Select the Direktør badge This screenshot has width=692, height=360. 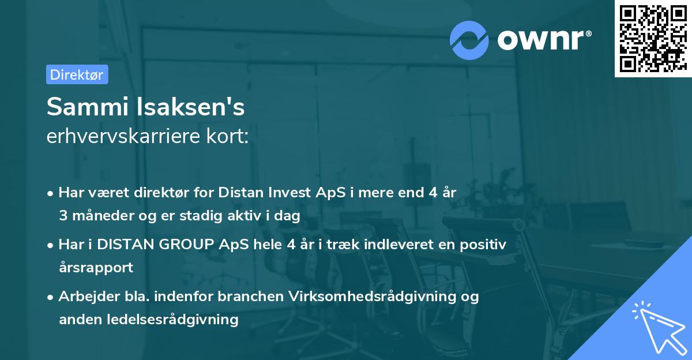click(77, 74)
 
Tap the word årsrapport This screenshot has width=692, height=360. click(96, 268)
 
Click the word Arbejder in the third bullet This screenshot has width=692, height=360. click(84, 297)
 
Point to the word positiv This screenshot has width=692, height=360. click(487, 245)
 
